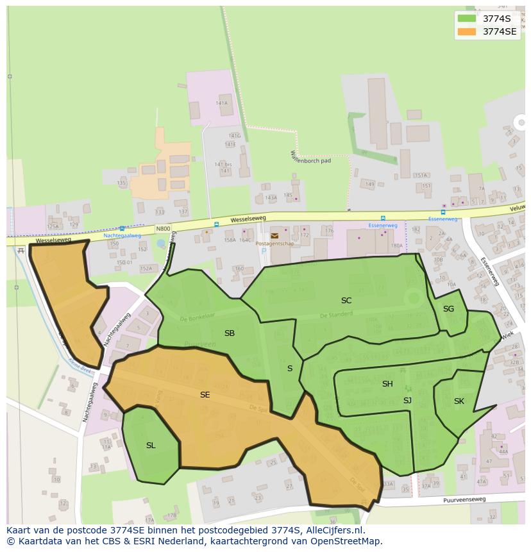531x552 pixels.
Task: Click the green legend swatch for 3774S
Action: (467, 19)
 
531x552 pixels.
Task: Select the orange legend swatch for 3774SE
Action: (467, 31)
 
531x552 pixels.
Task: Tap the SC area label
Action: (346, 300)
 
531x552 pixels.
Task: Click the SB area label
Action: (230, 333)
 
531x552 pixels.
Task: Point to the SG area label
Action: (448, 309)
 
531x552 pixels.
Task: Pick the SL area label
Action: (151, 445)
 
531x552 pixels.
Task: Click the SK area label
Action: (459, 401)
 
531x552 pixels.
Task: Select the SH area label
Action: (387, 384)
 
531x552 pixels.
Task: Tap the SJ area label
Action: (407, 401)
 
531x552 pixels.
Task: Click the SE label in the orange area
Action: (205, 395)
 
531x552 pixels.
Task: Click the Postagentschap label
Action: (274, 244)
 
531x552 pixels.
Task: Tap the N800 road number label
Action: (163, 228)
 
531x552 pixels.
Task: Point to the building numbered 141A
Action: (222, 103)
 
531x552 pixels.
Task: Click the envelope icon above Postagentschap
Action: (274, 236)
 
